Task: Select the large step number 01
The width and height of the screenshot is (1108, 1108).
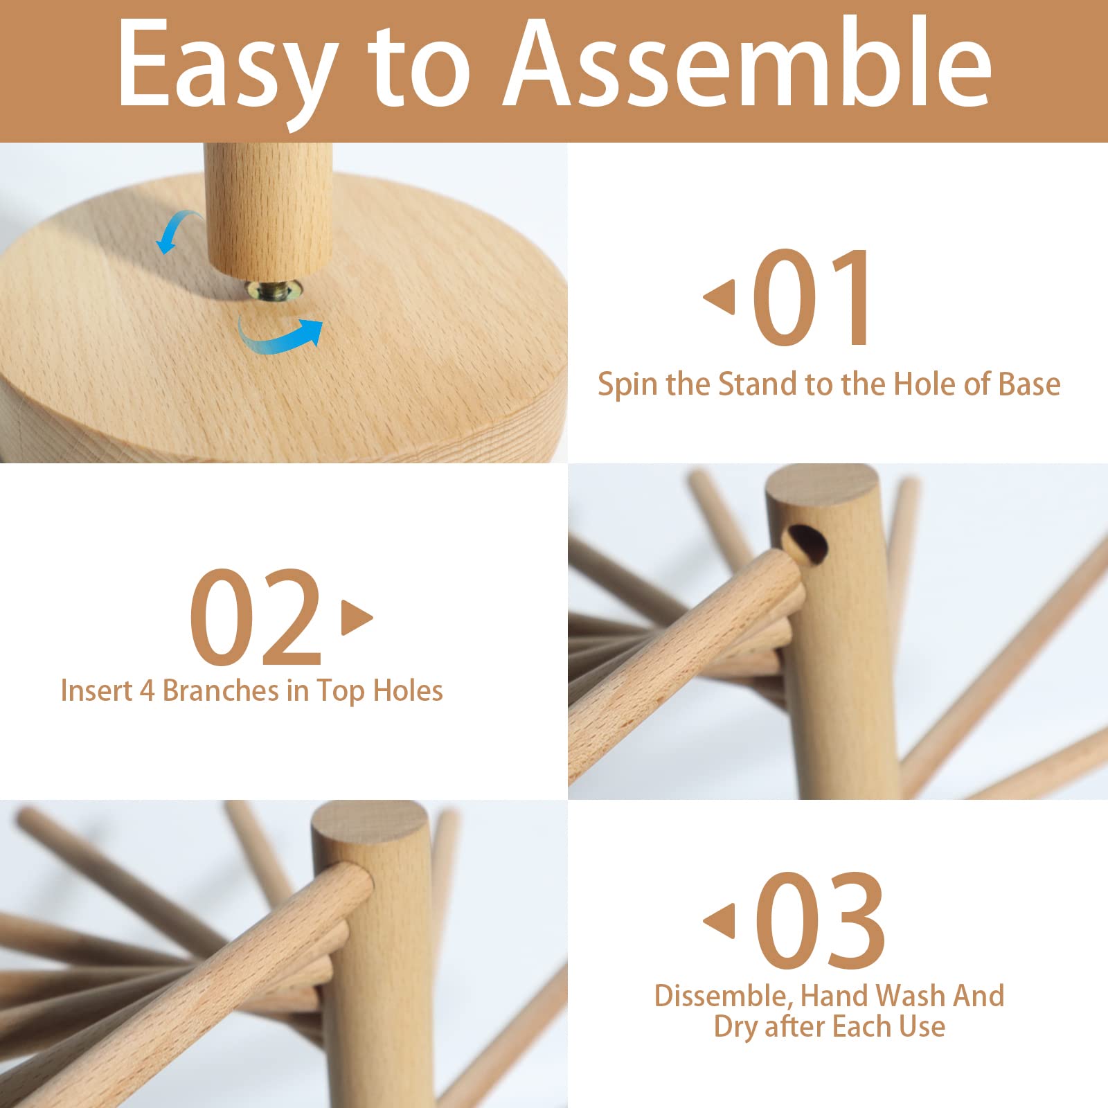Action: pyautogui.click(x=811, y=298)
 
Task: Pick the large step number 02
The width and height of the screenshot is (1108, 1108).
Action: pyautogui.click(x=256, y=616)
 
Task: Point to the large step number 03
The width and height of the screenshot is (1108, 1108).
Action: pyautogui.click(x=820, y=920)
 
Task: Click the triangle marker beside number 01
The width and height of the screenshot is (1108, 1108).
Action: pyautogui.click(x=720, y=297)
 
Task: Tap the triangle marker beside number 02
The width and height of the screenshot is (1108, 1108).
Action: pyautogui.click(x=357, y=617)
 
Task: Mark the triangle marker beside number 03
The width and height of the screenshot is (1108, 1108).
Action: pyautogui.click(x=720, y=921)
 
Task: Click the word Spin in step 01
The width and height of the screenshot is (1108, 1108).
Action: pyautogui.click(x=627, y=385)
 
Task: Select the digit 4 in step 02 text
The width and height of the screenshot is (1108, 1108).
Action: pyautogui.click(x=147, y=691)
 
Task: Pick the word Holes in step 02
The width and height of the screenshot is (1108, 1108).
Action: pyautogui.click(x=408, y=690)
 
